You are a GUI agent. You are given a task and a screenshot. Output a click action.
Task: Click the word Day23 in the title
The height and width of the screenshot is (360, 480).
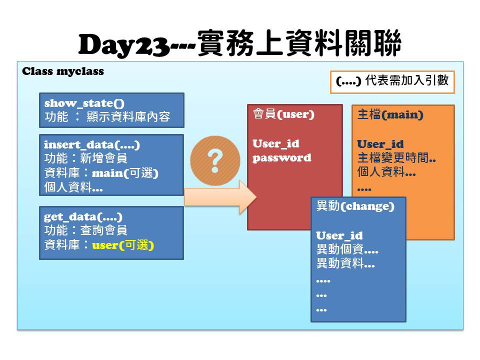click(x=124, y=45)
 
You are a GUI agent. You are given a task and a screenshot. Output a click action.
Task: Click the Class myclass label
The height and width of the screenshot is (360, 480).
click(x=63, y=71)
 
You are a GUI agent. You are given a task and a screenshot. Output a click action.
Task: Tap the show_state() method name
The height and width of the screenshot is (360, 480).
click(x=84, y=103)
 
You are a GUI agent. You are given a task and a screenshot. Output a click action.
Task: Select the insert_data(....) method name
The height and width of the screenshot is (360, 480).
click(x=92, y=144)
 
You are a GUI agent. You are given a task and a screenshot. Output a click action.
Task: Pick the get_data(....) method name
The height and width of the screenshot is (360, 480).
click(x=83, y=216)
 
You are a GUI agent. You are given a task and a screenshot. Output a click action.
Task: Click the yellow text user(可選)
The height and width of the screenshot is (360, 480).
click(x=123, y=245)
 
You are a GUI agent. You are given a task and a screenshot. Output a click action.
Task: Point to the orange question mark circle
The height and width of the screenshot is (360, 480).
click(x=215, y=160)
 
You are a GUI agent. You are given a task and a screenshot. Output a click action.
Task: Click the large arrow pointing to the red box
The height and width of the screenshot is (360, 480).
click(x=220, y=197)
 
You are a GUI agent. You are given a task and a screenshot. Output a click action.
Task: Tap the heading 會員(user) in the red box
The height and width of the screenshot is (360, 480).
click(x=284, y=114)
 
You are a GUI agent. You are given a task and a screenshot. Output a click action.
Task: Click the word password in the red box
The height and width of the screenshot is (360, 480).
click(x=281, y=157)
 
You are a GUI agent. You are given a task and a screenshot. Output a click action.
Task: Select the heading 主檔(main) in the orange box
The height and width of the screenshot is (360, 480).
click(x=390, y=114)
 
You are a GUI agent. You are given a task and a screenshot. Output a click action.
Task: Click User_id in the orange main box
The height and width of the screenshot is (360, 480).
click(x=380, y=144)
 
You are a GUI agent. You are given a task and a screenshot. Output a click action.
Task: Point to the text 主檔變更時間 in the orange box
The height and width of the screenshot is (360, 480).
click(x=393, y=158)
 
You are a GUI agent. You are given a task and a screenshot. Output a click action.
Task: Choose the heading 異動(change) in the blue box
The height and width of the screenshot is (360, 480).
click(x=355, y=206)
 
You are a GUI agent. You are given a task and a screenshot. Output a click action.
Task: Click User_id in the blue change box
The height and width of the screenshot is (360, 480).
click(x=339, y=235)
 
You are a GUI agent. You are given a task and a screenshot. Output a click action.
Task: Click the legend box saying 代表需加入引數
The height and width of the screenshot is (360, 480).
click(x=392, y=82)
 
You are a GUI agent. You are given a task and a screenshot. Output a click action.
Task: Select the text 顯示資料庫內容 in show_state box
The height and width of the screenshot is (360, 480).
click(x=128, y=116)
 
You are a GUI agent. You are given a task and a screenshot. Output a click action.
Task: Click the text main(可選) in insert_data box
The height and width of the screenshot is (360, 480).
click(x=125, y=173)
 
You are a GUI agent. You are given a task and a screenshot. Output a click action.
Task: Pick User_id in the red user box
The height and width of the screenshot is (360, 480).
click(x=276, y=143)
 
